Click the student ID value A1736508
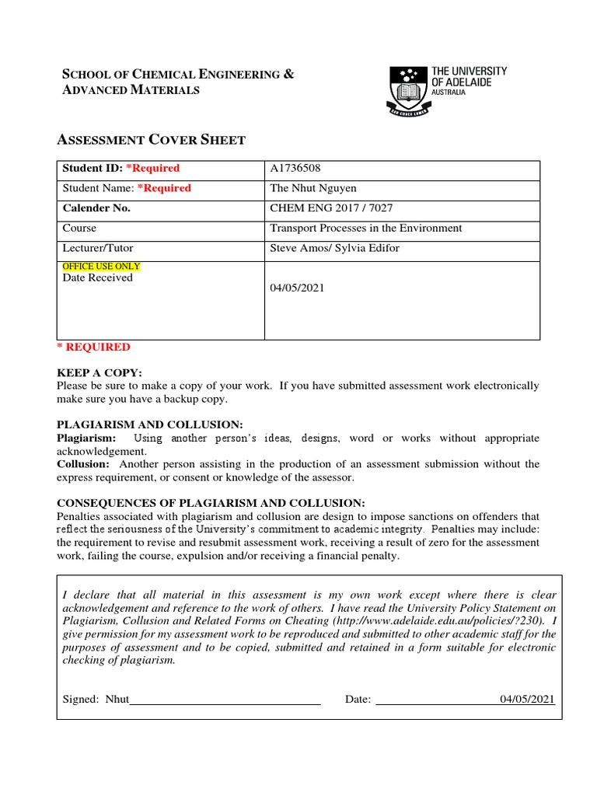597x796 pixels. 295,168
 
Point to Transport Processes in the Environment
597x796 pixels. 365,229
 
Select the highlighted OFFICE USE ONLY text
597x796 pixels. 101,267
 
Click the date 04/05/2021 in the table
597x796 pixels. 297,288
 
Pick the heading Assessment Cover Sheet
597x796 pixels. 152,140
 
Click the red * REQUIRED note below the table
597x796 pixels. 94,347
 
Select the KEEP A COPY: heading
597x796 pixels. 99,373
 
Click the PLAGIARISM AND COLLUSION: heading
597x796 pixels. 150,424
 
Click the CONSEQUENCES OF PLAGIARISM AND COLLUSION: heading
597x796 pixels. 211,503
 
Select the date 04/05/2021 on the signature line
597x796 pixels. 527,699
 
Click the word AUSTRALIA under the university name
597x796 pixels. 449,92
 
